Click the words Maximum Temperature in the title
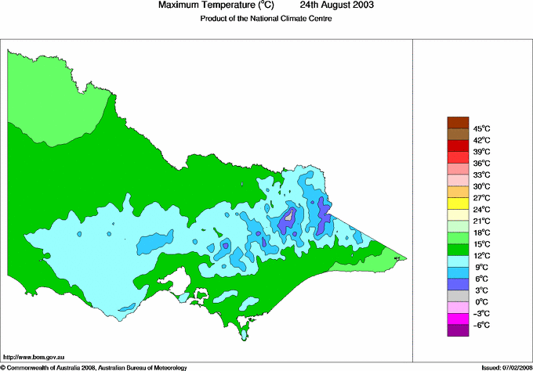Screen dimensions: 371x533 [207, 5]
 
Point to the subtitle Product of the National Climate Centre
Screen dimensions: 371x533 [266, 19]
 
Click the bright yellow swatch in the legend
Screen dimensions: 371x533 [457, 204]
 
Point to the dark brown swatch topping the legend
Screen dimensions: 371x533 [457, 122]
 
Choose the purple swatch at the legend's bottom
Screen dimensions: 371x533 [457, 330]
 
